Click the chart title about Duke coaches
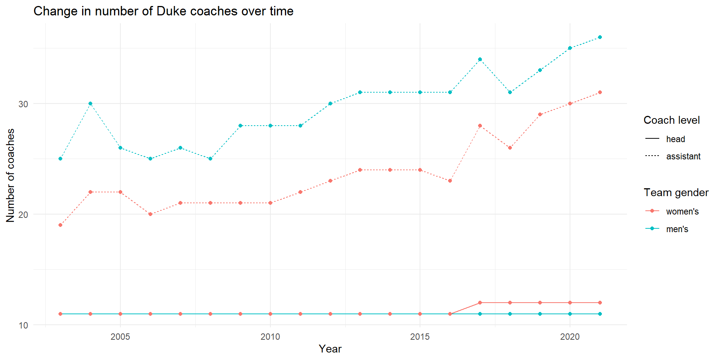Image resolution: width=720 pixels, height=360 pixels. pos(163,11)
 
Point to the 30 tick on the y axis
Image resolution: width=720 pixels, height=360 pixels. pos(23,104)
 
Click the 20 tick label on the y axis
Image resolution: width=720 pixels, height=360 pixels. pos(23,214)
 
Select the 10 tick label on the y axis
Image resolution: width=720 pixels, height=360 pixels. pos(23,325)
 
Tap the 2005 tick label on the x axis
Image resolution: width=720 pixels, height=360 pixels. pos(120,337)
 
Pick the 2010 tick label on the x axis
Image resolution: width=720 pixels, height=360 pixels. pos(270,337)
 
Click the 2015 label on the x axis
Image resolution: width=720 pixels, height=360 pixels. pos(420,337)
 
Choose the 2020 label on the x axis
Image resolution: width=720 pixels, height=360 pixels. pos(570,337)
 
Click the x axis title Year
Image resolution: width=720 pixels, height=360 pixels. pos(330,349)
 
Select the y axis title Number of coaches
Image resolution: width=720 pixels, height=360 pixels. pos(10,175)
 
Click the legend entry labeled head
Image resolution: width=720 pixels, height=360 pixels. pos(675,139)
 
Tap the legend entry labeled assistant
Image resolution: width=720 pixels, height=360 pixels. pos(683,156)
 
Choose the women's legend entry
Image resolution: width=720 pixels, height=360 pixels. pos(682,211)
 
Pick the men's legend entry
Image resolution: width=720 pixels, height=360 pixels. pos(677,229)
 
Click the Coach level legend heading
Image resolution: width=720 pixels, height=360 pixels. pos(671,120)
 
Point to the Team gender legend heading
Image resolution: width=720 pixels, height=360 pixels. pos(676,192)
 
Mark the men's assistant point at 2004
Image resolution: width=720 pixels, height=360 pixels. pos(90,103)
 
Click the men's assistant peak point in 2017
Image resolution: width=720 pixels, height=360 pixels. pos(480,59)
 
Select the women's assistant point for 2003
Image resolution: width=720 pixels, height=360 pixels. pos(60,225)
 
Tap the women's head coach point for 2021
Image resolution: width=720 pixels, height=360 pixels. pos(600,303)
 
